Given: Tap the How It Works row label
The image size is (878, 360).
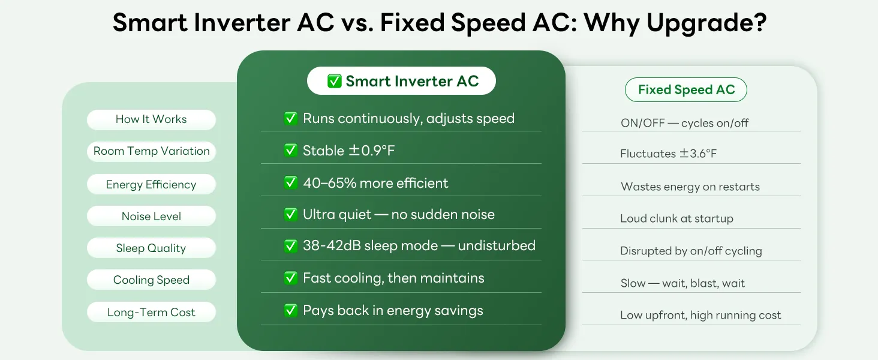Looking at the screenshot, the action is click(151, 119).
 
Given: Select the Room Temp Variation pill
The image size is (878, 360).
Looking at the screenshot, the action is click(151, 151).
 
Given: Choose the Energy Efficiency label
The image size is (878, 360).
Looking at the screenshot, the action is click(151, 184).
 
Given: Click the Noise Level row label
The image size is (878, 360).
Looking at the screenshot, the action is click(151, 216).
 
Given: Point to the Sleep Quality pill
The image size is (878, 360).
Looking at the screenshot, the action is click(151, 248).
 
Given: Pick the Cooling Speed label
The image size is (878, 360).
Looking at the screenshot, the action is click(151, 280).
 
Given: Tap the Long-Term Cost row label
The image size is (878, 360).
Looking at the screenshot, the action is click(151, 312).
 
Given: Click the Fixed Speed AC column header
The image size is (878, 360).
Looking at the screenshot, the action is click(686, 90).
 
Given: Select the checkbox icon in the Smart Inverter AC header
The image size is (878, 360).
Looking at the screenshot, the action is click(334, 81).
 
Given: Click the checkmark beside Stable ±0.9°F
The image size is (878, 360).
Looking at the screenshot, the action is click(290, 150).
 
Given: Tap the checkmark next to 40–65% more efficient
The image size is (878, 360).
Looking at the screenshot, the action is click(290, 183).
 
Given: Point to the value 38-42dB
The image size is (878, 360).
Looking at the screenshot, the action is click(332, 245).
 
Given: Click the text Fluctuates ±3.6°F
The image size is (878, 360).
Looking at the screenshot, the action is click(668, 154).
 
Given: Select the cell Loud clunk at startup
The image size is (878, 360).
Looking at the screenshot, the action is click(676, 218).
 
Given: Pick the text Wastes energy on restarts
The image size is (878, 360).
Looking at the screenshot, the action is click(690, 186).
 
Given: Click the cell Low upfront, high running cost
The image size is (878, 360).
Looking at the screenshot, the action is click(700, 315).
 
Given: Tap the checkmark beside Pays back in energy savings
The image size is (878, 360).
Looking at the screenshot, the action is click(290, 310).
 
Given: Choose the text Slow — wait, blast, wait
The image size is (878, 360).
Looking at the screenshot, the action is click(682, 283).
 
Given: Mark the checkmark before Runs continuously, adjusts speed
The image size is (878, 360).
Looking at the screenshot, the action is click(290, 118).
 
